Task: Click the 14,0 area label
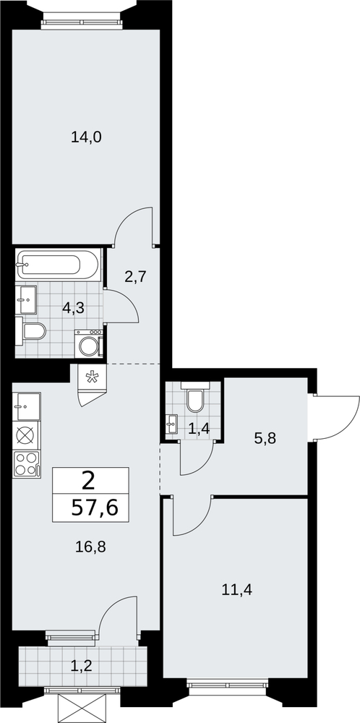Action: tap(86, 137)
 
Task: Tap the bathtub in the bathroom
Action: tap(58, 264)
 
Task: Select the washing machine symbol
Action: tap(88, 343)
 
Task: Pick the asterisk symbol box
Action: tap(93, 377)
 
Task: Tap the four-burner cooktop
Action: tap(27, 463)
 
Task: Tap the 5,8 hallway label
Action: tap(265, 438)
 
